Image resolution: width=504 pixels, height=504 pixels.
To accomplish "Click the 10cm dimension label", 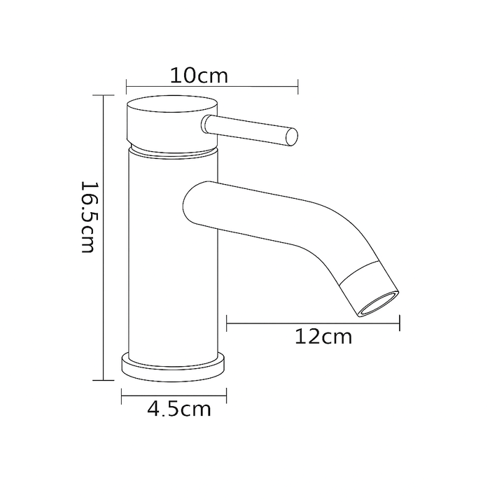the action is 199,76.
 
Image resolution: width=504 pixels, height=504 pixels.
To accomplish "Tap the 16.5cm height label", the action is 87,217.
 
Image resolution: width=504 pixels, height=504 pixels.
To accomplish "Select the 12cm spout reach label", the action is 323,337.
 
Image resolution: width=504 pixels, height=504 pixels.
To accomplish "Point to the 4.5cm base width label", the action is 179,409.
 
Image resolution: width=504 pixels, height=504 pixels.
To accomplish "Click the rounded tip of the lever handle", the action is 292,137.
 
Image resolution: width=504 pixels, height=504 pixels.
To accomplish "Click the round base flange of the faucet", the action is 174,367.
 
